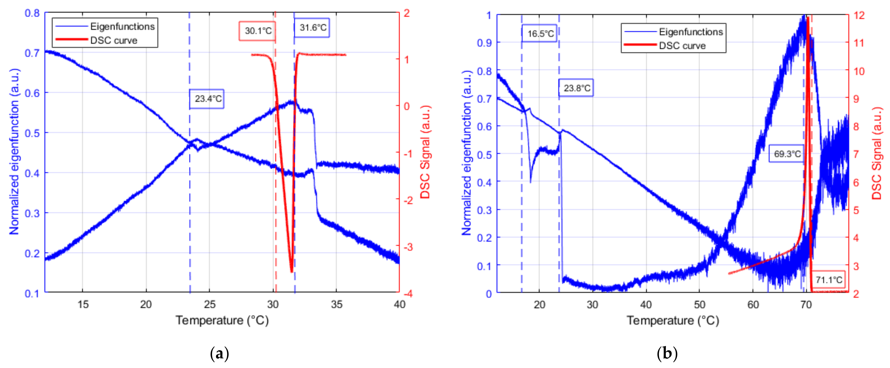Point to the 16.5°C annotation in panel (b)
point(540,33)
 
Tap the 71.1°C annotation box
point(828,279)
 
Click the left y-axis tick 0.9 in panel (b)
point(484,43)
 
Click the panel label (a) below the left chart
point(219,354)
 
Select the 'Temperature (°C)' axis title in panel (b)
point(673,320)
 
